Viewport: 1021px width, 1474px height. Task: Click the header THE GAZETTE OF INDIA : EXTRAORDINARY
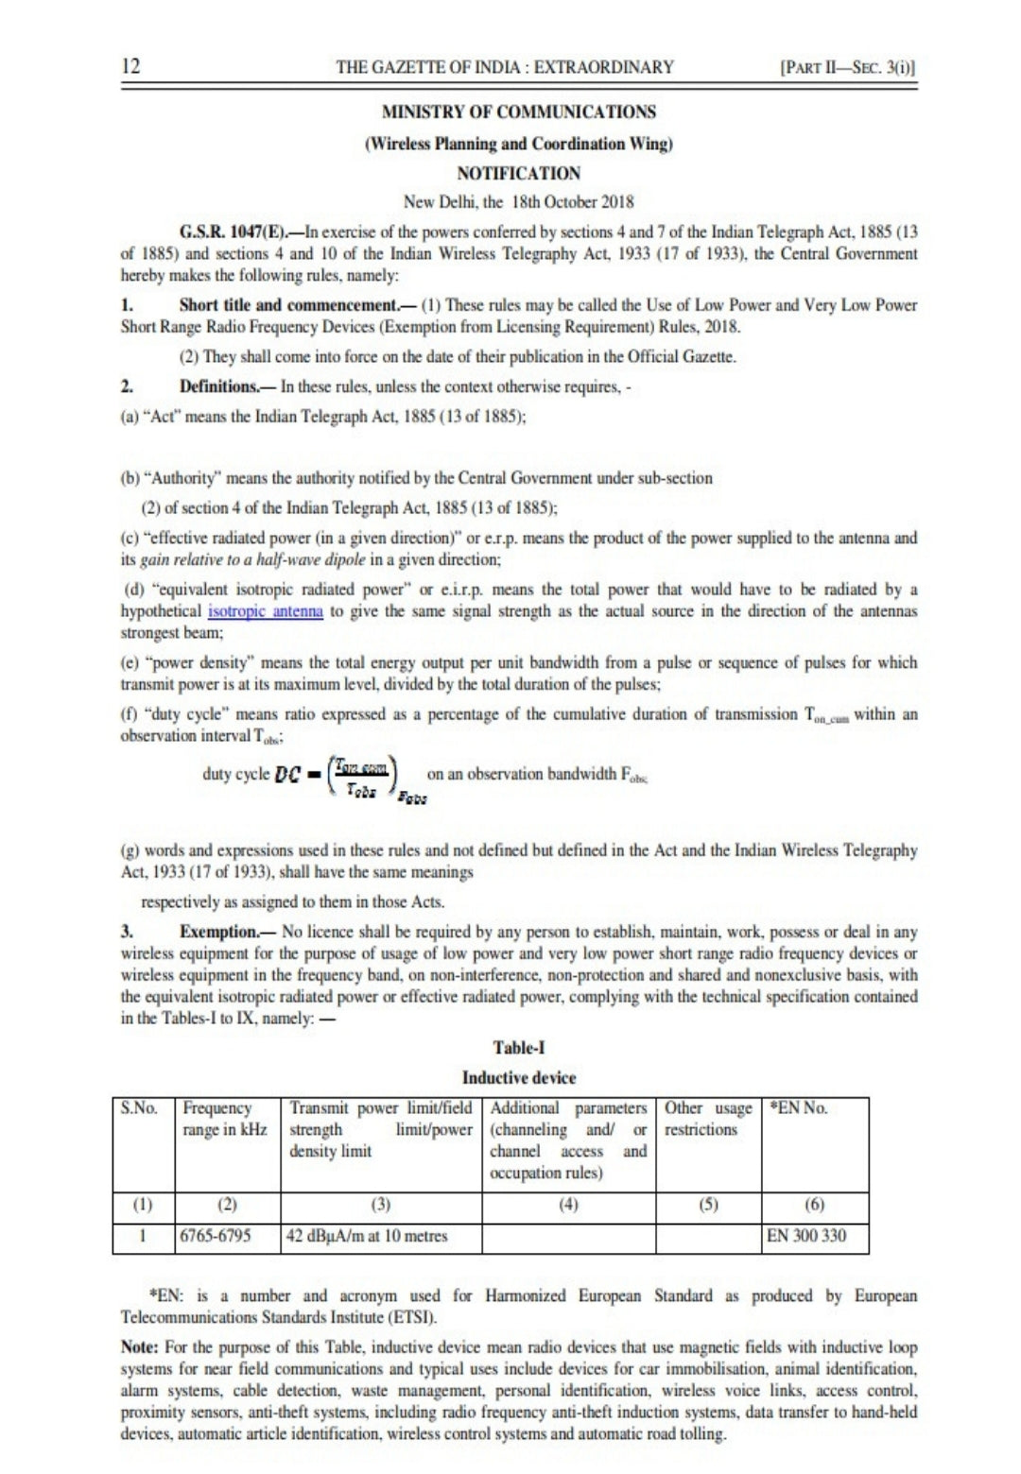coord(505,67)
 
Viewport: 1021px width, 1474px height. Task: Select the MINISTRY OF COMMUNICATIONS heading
coord(518,111)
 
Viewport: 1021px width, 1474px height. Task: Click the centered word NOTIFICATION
coord(518,173)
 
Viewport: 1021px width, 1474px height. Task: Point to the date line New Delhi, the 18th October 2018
coord(518,201)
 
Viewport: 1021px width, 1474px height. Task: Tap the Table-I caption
coord(518,1047)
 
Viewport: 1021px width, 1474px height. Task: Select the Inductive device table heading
coord(518,1077)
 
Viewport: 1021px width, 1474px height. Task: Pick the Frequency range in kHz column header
coord(225,1119)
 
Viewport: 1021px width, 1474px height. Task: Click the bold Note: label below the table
coord(140,1345)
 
